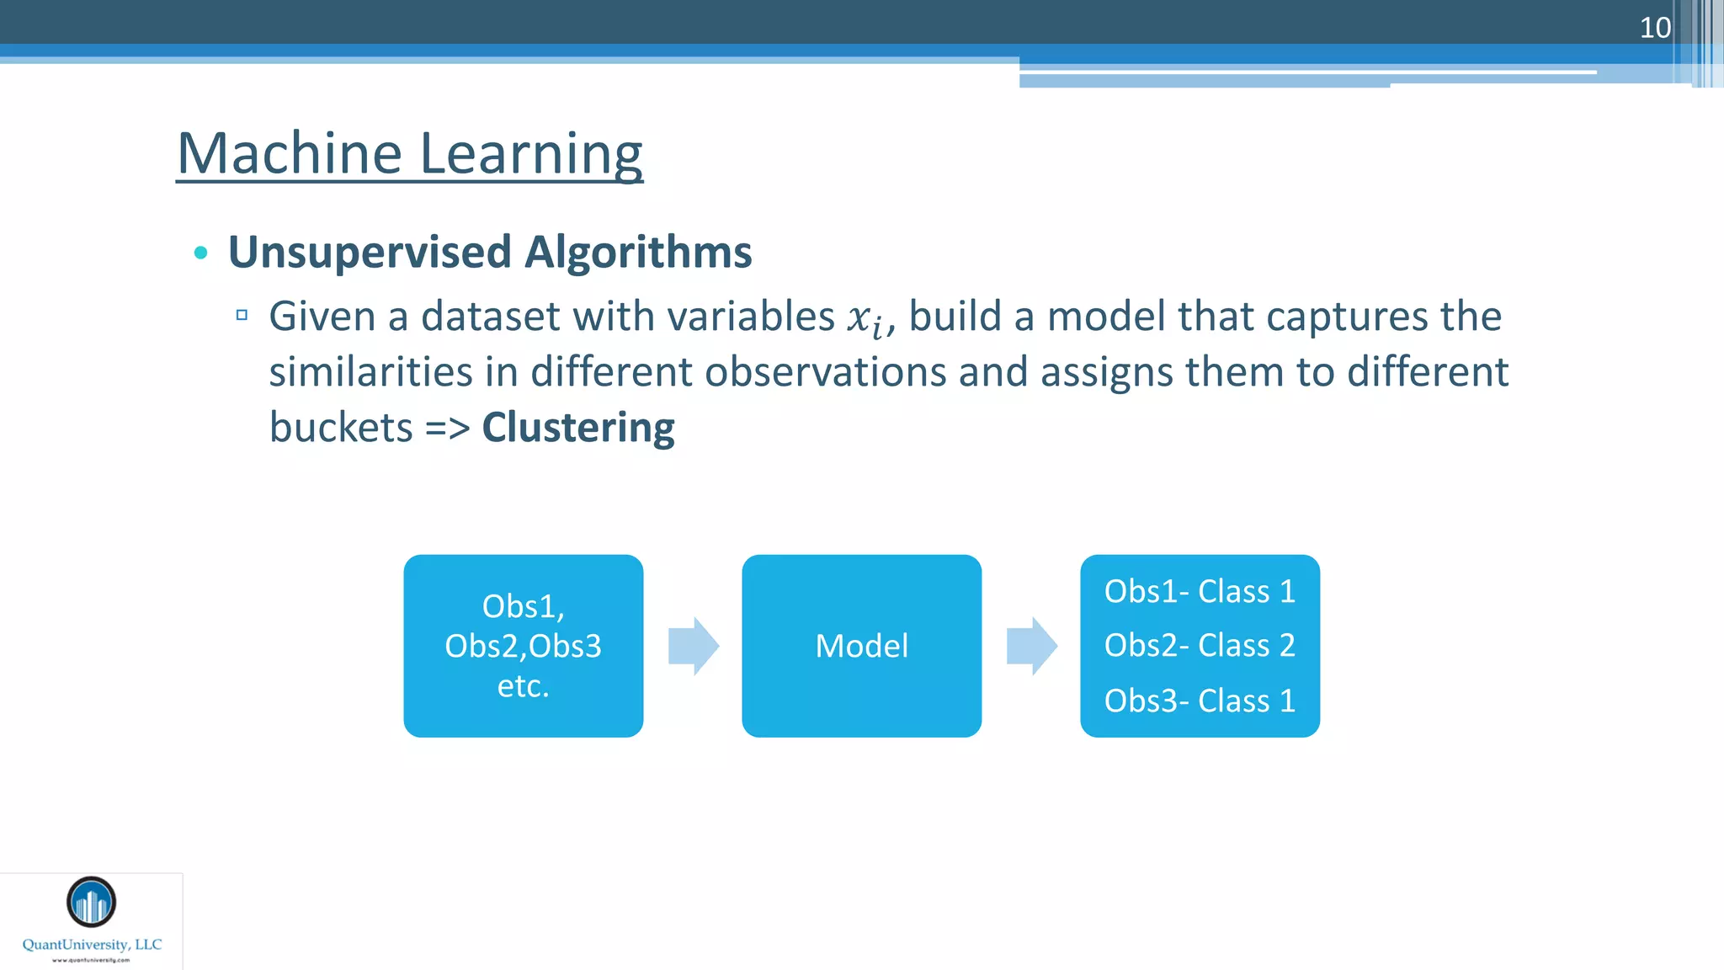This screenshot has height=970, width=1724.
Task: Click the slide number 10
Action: point(1654,28)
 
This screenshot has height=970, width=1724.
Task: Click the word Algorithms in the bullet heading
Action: point(638,252)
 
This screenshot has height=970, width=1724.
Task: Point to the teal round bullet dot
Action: point(200,253)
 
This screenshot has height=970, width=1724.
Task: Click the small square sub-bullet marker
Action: point(242,315)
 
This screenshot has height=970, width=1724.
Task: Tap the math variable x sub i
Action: point(865,319)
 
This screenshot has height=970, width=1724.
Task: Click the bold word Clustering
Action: point(577,427)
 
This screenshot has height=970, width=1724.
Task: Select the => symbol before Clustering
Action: point(447,428)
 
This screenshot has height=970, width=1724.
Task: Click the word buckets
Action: point(341,427)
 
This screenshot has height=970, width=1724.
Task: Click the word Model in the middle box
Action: point(861,646)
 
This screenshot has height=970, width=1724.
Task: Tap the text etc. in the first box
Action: point(523,685)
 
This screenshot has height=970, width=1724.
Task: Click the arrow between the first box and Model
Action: point(693,646)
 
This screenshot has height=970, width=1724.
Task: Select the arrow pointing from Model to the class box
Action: point(1031,646)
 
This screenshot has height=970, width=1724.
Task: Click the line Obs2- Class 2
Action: point(1200,645)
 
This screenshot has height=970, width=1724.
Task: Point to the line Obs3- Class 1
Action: point(1200,701)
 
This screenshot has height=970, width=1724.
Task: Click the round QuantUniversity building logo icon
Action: point(91,902)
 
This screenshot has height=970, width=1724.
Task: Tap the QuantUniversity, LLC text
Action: point(92,945)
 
